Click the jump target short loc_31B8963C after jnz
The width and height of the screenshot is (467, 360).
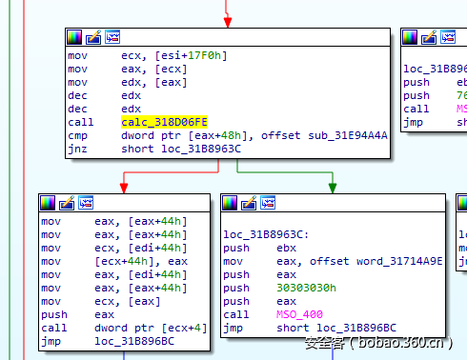[x=181, y=148]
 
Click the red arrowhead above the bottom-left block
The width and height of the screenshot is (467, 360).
[x=123, y=188]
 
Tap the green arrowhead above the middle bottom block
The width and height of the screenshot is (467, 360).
[x=332, y=188]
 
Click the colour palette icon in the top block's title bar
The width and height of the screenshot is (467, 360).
[x=74, y=38]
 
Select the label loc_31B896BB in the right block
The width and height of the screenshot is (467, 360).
[x=435, y=69]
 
